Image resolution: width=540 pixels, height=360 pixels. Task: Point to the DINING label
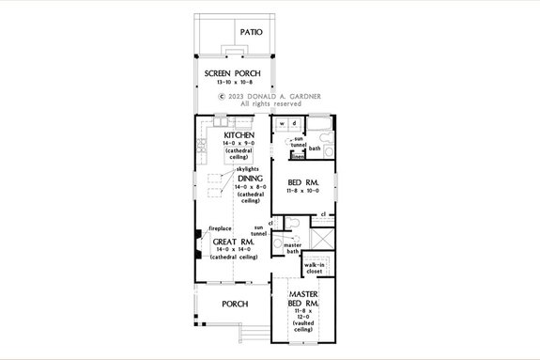pos(249,178)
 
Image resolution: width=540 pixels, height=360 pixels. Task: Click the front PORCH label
pos(235,304)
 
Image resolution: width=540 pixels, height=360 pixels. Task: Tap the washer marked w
pos(282,123)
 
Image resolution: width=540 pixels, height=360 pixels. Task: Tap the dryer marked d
pos(294,123)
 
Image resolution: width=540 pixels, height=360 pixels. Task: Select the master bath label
pos(292,248)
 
